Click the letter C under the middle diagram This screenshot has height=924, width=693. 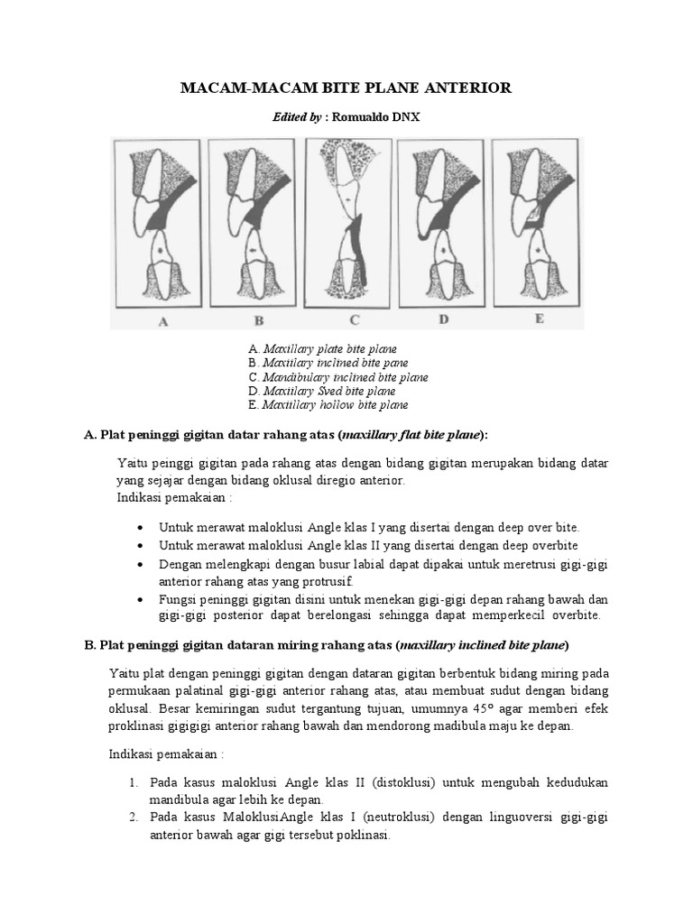pyautogui.click(x=355, y=319)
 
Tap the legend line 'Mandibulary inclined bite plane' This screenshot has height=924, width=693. pyautogui.click(x=337, y=377)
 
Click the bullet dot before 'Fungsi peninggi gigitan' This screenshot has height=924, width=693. pyautogui.click(x=139, y=598)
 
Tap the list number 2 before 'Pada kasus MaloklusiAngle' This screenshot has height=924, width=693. pyautogui.click(x=132, y=818)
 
